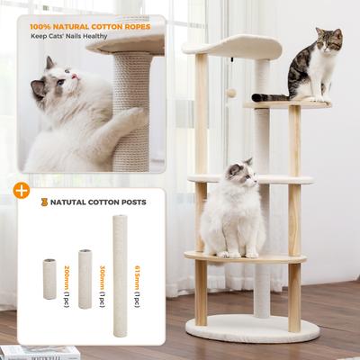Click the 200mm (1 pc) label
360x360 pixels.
[x=67, y=278]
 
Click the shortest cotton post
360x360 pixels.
[x=49, y=279]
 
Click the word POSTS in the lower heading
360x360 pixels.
[x=130, y=202]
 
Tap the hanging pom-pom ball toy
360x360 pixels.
[x=230, y=93]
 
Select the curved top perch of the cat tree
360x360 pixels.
[x=230, y=45]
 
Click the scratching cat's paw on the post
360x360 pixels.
[x=132, y=114]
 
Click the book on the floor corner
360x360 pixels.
[x=27, y=352]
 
